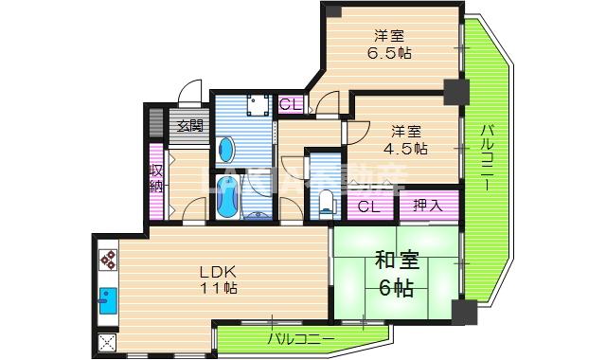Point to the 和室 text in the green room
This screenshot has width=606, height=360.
tap(397, 260)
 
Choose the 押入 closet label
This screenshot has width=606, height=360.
tap(428, 204)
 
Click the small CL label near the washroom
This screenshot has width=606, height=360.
tap(290, 103)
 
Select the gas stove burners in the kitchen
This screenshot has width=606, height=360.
tap(106, 260)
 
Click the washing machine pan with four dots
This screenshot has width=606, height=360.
tap(256, 105)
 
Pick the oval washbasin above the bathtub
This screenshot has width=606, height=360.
tap(227, 150)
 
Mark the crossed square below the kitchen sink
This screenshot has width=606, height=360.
tap(106, 343)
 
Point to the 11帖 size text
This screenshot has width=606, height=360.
tap(219, 288)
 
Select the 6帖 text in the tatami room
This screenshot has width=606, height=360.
tap(398, 288)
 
